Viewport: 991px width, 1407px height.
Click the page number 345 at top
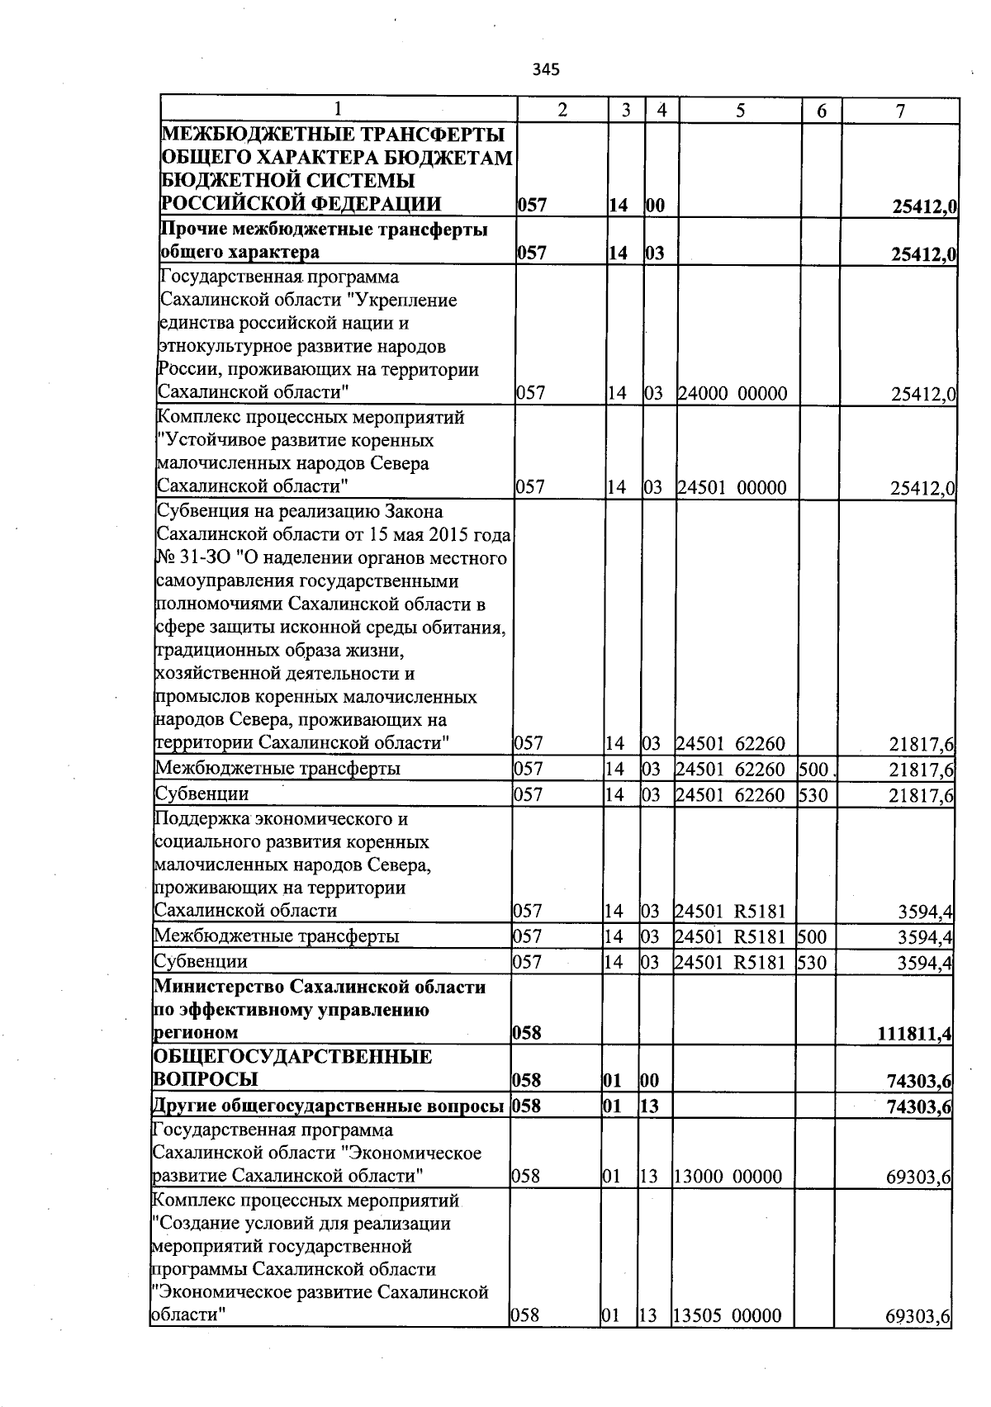pos(546,69)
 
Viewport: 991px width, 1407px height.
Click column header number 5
pos(740,111)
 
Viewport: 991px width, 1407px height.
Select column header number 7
pos(900,111)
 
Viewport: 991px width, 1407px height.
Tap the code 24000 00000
pos(733,394)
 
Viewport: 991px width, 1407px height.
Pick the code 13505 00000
pos(727,1315)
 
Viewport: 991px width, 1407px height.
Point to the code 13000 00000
pos(728,1176)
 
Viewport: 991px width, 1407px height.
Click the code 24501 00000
pos(732,487)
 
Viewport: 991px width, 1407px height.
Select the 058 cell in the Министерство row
pos(527,1033)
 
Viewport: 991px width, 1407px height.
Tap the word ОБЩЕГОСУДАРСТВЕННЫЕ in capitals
pos(292,1057)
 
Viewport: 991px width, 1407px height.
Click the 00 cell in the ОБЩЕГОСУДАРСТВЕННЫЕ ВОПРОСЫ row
pos(650,1080)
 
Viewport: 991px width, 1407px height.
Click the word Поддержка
pos(202,819)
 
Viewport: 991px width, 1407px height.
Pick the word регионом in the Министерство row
pos(196,1033)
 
